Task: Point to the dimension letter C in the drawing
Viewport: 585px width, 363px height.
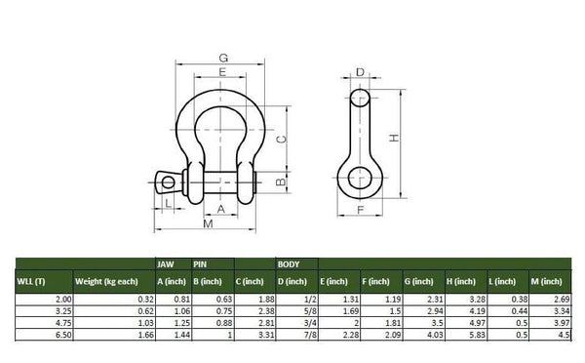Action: [x=281, y=141]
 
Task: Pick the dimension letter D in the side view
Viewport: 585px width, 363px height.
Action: [x=360, y=72]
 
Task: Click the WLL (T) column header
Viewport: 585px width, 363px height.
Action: [x=33, y=281]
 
